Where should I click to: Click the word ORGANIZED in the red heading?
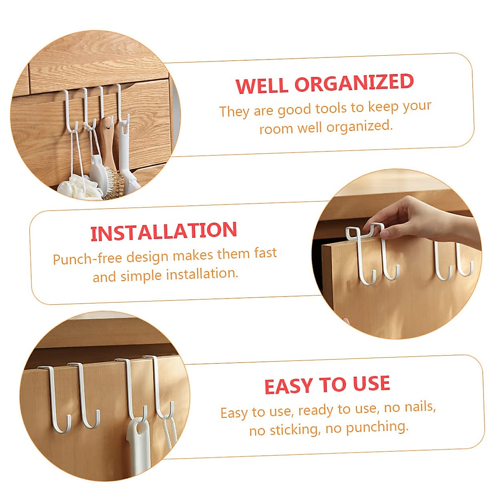pos(354,83)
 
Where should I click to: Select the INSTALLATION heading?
pos(163,232)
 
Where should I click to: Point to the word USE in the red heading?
pos(371,383)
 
